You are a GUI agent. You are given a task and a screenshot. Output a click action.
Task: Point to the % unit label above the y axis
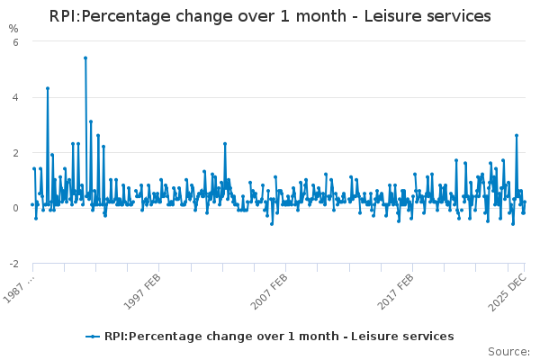[x=13, y=29]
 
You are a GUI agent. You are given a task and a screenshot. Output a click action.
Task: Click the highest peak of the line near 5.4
[x=85, y=58]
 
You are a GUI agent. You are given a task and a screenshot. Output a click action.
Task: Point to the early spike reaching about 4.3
[x=48, y=88]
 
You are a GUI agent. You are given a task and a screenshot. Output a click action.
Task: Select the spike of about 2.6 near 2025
[x=517, y=135]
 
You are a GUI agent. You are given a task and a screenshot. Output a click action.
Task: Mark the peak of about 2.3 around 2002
[x=225, y=144]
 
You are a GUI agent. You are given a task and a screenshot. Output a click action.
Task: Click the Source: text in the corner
[x=508, y=351]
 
